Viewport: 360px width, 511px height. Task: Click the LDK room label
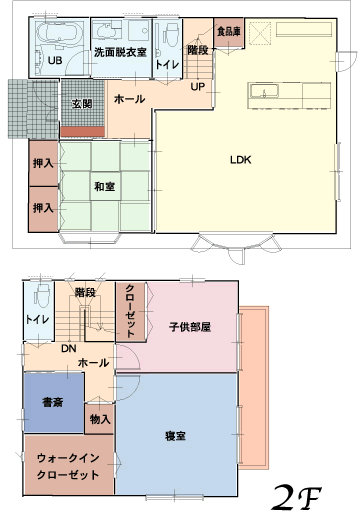coord(240,160)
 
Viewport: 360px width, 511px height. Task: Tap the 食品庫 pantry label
coord(229,32)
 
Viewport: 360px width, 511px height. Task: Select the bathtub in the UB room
coord(59,33)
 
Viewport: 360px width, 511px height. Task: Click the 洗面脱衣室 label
coord(120,52)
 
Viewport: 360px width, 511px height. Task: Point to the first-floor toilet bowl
coord(171,34)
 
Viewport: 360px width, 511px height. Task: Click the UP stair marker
coord(197,87)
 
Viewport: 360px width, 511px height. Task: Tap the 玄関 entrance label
coord(82,104)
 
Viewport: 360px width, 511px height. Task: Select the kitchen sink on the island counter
coord(264,91)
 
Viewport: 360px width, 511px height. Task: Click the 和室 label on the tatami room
coord(105,186)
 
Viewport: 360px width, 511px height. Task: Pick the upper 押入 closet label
coord(43,163)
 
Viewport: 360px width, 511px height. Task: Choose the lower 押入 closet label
coord(43,208)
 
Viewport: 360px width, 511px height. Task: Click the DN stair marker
coord(69,349)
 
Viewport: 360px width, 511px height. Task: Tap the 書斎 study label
coord(53,402)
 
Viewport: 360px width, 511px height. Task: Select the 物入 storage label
coord(100,419)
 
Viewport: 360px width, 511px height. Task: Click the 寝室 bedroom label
coord(175,436)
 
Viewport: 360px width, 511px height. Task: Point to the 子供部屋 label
coord(190,327)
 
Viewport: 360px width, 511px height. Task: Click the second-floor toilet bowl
coord(42,296)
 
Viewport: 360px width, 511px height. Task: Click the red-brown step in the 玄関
coord(83,132)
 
